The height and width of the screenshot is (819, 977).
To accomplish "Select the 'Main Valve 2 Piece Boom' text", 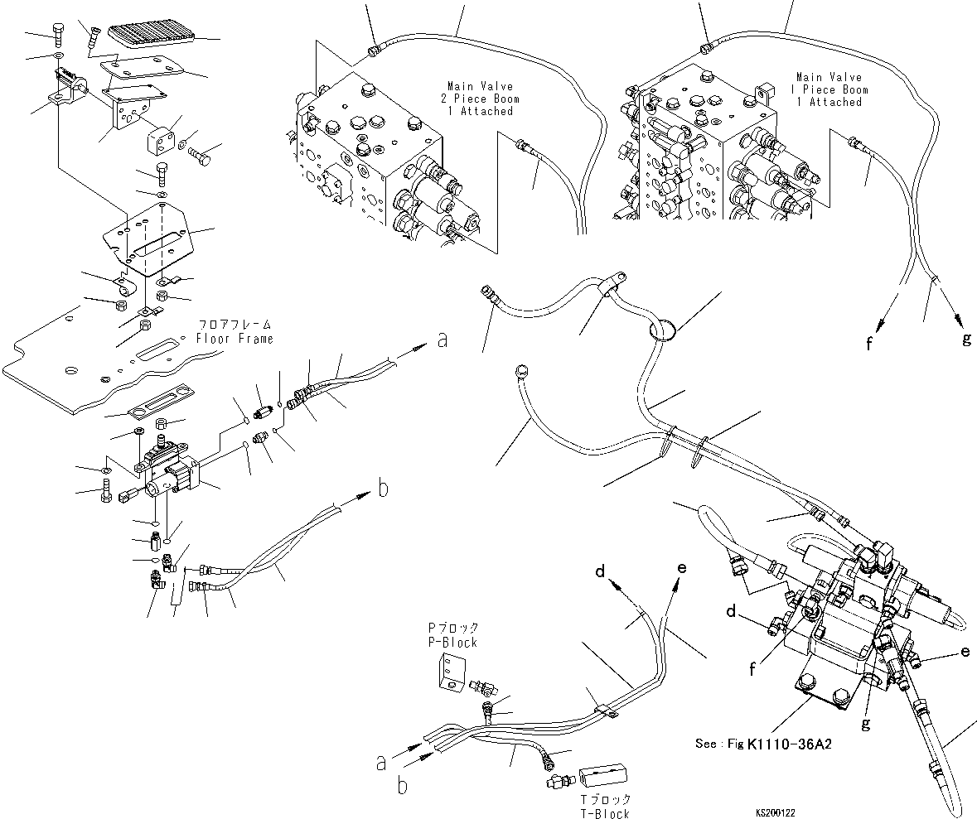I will [480, 99].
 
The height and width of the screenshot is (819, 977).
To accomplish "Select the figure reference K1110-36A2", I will [789, 744].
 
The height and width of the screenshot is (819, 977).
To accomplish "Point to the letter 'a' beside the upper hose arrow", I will [443, 340].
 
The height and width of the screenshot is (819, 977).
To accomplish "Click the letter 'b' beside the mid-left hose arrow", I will [382, 489].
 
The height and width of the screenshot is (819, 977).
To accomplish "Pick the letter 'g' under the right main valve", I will [965, 340].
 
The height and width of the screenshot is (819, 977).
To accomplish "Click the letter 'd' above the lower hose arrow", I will [601, 571].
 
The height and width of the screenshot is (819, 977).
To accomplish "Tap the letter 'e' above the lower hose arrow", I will [682, 568].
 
